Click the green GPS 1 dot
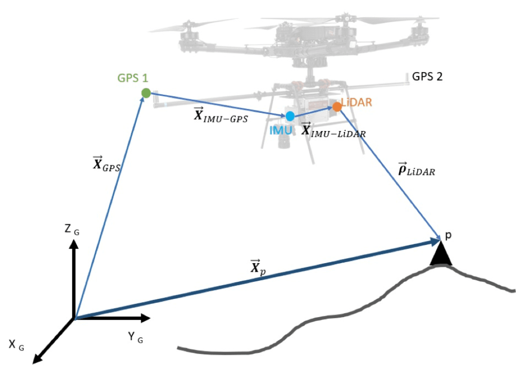[x=146, y=93]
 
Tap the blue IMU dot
[x=290, y=116]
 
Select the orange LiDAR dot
[x=337, y=107]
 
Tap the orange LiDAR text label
[x=357, y=103]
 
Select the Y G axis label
[x=136, y=338]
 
